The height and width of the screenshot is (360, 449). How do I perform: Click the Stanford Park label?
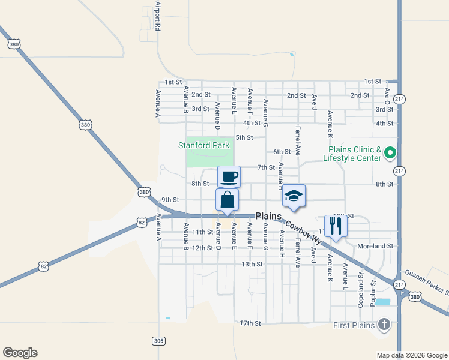coord(204,145)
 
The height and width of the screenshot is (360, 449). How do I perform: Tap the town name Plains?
coord(268,216)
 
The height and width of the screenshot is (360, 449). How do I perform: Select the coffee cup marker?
coord(229,177)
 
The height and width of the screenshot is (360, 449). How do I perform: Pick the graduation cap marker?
coord(293,196)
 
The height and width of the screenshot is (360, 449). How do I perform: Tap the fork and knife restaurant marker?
coord(336,226)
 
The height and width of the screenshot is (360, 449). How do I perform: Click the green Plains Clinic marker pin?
coord(389,153)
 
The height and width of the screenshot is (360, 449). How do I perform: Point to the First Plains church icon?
coord(384,325)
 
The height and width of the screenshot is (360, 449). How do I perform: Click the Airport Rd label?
coord(158,16)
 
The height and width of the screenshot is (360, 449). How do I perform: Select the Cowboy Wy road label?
coord(303,232)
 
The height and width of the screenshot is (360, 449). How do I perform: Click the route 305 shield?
coord(158,341)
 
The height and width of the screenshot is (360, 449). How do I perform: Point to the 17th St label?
coord(250,323)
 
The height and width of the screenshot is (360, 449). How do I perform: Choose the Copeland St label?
coord(361,290)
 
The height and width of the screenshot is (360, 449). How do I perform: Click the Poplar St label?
coord(373,291)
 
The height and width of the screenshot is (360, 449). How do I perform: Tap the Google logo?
coord(20,353)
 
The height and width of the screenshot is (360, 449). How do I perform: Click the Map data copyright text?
coord(412,355)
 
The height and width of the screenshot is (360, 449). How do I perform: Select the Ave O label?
coord(387,97)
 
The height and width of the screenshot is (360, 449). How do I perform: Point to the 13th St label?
coord(252,264)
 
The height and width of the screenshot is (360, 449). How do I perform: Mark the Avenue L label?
coord(345,274)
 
